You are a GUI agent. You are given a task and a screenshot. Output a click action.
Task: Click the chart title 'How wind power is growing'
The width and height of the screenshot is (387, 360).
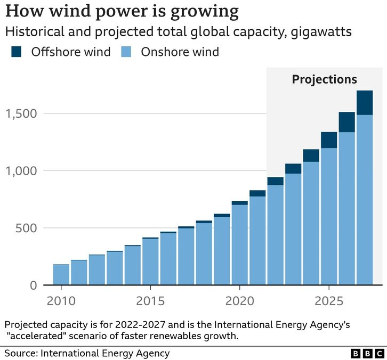click(122, 11)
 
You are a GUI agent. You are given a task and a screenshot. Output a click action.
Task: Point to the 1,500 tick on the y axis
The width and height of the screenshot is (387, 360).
click(22, 113)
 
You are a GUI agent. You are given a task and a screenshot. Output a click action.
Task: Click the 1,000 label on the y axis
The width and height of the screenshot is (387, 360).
click(22, 171)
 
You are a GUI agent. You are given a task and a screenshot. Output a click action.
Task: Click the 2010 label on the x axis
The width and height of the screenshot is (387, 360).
click(61, 301)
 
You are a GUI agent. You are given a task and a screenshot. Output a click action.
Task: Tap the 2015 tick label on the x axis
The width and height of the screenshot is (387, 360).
click(150, 301)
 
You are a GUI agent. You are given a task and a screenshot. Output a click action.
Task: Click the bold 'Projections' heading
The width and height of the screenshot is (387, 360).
click(324, 80)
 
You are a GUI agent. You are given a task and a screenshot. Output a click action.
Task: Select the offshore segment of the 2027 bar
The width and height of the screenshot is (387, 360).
click(365, 103)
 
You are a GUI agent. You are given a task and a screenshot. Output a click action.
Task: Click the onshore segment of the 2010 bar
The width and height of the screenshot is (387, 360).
click(61, 275)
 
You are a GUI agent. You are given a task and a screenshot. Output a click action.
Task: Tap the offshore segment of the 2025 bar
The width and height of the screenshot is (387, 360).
click(329, 140)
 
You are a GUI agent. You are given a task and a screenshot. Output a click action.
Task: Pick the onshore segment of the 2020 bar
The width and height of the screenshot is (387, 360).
click(239, 245)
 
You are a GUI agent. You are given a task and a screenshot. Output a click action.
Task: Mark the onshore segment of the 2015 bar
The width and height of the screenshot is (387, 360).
click(150, 261)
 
